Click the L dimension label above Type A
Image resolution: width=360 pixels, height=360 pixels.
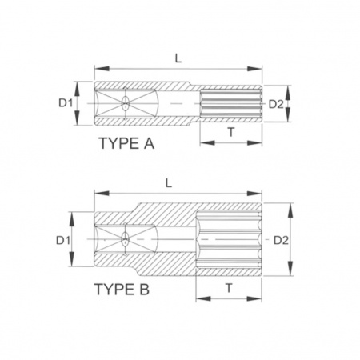pos(178,58)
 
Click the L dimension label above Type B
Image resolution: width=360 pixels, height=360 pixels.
pos(169,183)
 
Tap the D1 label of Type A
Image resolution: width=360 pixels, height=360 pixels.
pos(66,103)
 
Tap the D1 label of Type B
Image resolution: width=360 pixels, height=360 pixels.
pos(63,241)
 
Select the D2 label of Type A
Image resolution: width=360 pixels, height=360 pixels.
pos(276,104)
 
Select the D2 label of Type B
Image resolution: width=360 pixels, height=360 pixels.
pos(282,241)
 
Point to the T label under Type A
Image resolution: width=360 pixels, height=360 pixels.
pos(231,132)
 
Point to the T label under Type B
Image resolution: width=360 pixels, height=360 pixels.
pos(229,288)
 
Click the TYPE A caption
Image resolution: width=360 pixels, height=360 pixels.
pos(126,143)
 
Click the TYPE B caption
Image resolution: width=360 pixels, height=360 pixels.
pos(122,290)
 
